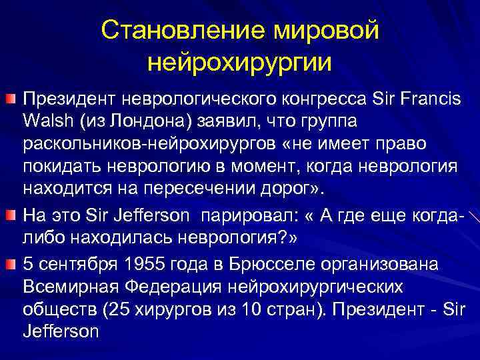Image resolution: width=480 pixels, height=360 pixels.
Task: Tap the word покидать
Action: [x=62, y=167]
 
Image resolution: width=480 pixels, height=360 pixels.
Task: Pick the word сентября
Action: [x=75, y=264]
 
